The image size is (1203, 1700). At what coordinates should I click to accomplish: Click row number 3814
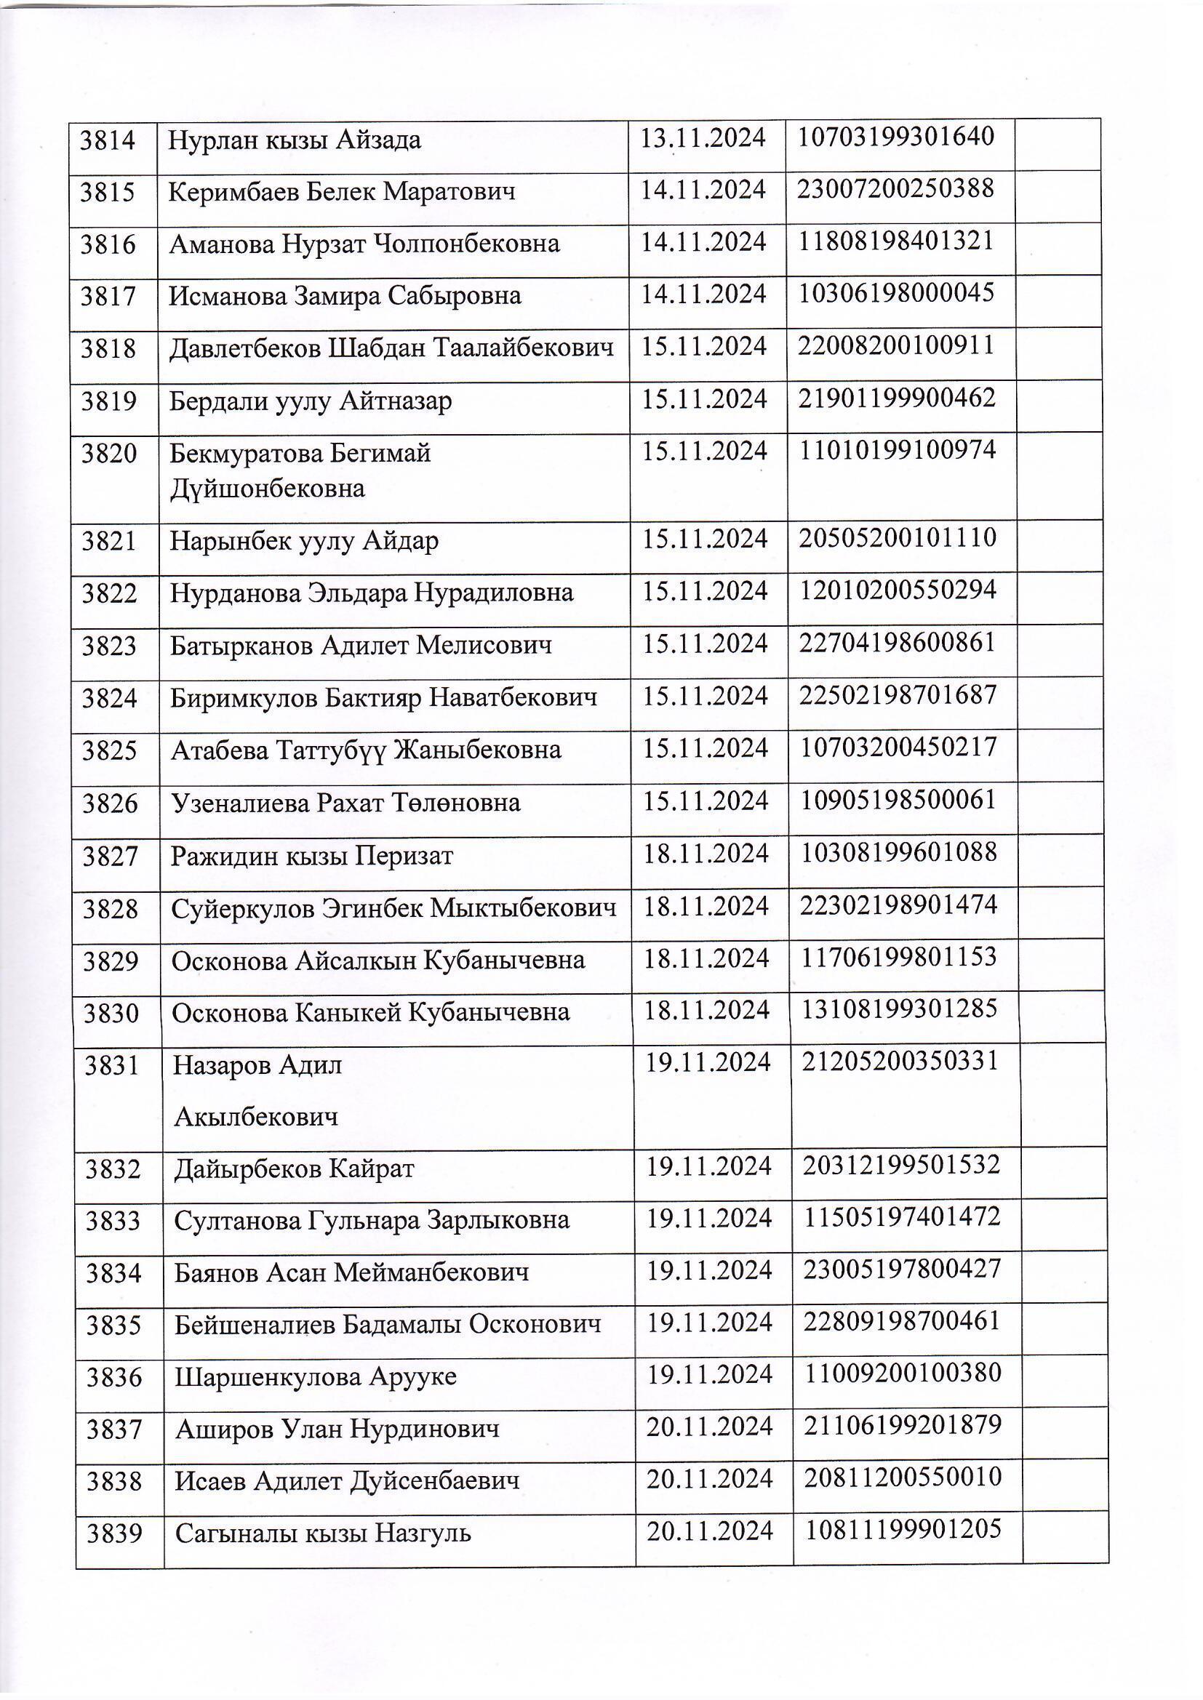[108, 140]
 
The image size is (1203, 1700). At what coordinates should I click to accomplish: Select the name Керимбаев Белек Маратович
[342, 193]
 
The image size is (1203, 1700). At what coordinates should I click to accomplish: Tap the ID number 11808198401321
[895, 241]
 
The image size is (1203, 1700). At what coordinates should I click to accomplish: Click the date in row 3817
[703, 294]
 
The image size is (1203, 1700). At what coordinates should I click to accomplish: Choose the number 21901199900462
[896, 399]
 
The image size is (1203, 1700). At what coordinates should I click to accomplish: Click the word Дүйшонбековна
[268, 489]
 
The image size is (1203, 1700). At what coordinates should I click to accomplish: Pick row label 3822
[110, 594]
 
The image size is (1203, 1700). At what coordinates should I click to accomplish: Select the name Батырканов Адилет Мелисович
[361, 646]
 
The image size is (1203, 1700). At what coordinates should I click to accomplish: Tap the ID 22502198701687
[898, 695]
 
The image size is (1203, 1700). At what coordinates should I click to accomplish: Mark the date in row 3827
[706, 854]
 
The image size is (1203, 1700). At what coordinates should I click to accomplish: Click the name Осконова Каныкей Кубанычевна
[370, 1013]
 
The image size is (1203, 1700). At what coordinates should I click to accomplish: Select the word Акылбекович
[255, 1117]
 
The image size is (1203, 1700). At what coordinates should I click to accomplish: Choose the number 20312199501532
[901, 1166]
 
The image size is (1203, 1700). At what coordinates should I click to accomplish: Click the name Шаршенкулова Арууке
[316, 1377]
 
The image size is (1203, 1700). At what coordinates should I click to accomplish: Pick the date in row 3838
[709, 1480]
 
